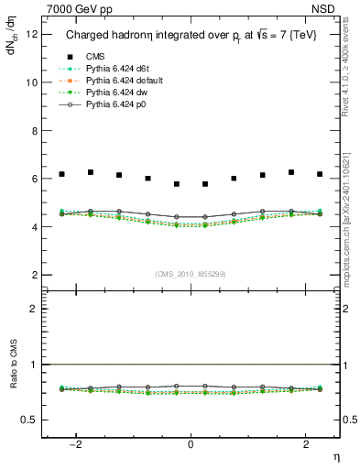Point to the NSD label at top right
327,9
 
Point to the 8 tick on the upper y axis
35,130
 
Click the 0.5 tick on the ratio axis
30,420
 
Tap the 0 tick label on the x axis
191,445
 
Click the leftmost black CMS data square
61,174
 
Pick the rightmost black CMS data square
320,174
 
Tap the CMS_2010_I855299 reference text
191,275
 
